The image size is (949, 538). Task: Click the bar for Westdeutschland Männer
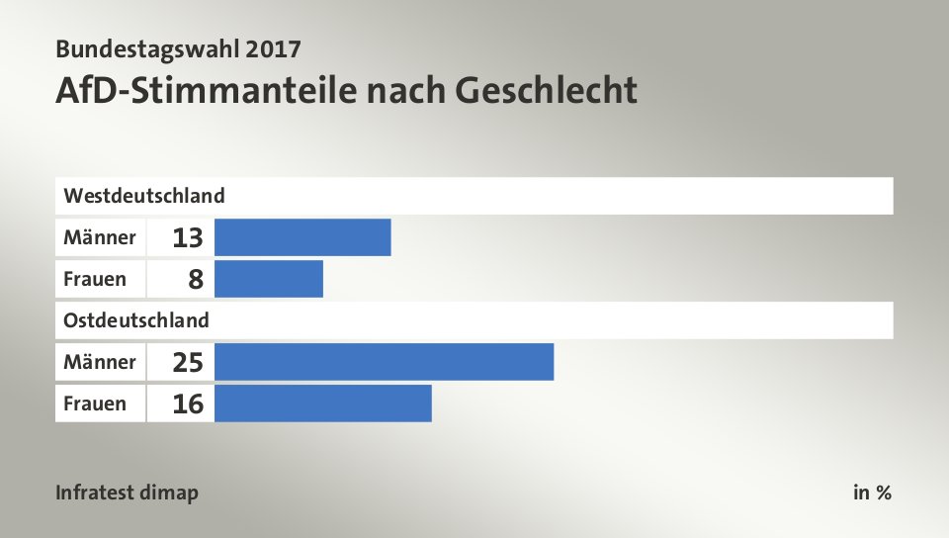pos(302,237)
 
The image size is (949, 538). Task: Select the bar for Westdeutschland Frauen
pos(268,279)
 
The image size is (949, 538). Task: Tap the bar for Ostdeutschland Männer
pos(384,362)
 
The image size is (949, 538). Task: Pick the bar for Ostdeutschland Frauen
pos(322,403)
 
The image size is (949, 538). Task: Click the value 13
pos(187,238)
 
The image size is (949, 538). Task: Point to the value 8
pos(196,280)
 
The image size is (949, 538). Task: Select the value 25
pos(187,363)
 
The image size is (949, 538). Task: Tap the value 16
pos(187,404)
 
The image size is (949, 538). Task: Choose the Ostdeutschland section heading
pos(136,319)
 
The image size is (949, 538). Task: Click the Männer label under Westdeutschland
pos(100,237)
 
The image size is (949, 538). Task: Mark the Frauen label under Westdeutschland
pos(95,279)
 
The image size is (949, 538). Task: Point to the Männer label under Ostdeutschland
pos(100,362)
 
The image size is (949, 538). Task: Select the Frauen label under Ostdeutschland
pos(95,403)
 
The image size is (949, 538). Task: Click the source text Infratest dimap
pos(127,493)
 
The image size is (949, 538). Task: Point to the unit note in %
pos(872,493)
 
